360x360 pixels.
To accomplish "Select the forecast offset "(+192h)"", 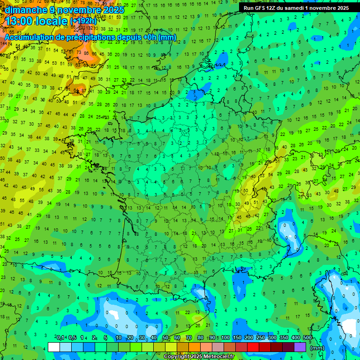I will point(83,21).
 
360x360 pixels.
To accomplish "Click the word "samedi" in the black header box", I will point(292,8).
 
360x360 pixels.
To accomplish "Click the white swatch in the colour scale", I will point(54,347).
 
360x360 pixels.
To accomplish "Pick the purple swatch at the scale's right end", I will point(300,347).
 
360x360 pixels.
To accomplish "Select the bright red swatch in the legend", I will point(253,347).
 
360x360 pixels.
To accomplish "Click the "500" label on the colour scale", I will point(307,338).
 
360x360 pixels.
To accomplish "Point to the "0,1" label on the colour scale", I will point(60,338).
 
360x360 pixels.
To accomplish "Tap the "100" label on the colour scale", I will point(225,338).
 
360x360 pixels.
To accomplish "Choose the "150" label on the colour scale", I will point(237,338).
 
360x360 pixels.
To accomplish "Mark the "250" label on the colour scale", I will point(260,338).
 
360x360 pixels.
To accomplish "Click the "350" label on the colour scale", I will point(284,338).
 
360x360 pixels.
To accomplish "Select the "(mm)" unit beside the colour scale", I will point(317,348).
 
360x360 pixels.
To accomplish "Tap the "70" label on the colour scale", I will point(189,338).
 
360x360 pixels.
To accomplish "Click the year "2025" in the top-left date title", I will point(113,10).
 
